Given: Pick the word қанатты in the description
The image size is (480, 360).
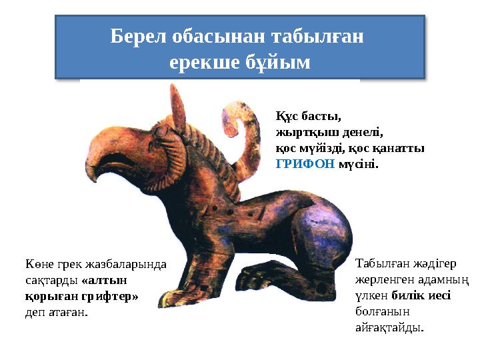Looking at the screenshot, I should (x=403, y=147).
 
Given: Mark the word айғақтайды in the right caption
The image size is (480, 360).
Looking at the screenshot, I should (x=390, y=327).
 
